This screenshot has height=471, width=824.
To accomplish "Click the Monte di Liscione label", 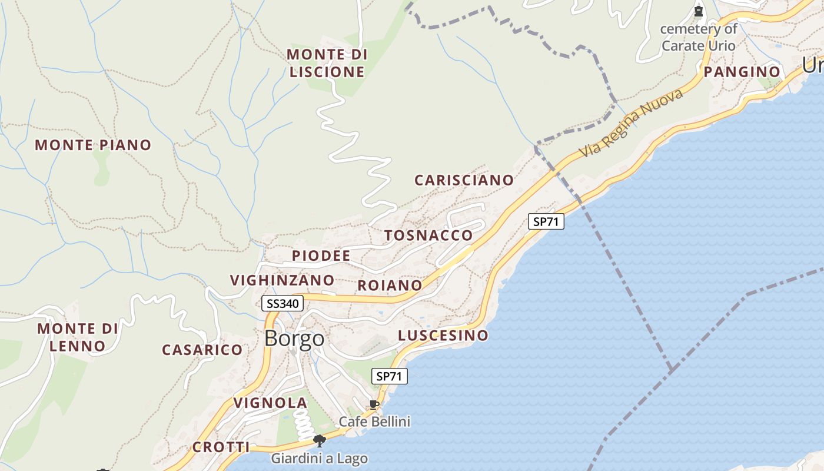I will [327, 63].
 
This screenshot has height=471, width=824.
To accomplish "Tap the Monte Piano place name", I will [93, 145].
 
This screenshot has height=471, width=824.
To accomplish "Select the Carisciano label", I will [464, 180].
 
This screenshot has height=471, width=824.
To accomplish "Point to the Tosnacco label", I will [428, 236].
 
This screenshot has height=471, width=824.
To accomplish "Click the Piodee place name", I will [321, 256].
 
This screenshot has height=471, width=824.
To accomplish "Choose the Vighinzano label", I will [283, 280].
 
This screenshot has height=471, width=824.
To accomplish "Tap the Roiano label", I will [390, 286].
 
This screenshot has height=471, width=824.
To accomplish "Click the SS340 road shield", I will [283, 304].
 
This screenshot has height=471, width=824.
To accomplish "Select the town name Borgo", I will [294, 339].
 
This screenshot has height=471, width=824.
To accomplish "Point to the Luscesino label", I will [443, 336].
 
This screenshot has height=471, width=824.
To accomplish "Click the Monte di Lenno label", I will [78, 337].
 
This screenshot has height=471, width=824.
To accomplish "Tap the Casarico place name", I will [202, 350].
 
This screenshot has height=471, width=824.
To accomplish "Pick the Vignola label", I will [271, 403].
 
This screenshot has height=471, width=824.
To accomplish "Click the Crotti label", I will [221, 447].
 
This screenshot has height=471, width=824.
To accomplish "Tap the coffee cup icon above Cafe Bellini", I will [374, 404].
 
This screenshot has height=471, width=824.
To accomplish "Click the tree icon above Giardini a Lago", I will [320, 440].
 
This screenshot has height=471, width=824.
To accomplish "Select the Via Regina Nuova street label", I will [632, 123].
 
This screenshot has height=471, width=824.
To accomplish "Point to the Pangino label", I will [742, 72].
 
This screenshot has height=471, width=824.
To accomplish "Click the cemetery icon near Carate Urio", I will [699, 11].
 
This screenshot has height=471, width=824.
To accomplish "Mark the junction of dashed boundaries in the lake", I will [670, 370].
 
